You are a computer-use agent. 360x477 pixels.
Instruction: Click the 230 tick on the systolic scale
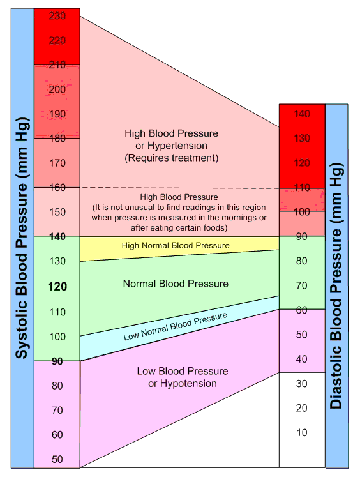click(x=57, y=15)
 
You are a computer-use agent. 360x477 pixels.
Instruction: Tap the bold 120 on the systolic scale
click(x=57, y=287)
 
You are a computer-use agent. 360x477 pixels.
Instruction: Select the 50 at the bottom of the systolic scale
click(x=57, y=460)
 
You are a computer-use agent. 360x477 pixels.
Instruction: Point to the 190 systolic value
click(x=57, y=114)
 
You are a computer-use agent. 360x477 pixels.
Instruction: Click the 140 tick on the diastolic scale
click(x=302, y=114)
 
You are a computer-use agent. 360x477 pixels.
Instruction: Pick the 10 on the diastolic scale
click(x=301, y=433)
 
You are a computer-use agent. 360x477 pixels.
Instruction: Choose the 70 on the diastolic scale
click(x=301, y=285)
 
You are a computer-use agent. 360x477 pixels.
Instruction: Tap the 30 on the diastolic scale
click(x=301, y=384)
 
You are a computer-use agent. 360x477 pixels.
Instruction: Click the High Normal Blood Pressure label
click(x=175, y=245)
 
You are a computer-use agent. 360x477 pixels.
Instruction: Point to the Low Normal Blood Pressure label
click(x=176, y=328)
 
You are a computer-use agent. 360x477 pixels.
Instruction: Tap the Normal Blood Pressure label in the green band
click(x=175, y=283)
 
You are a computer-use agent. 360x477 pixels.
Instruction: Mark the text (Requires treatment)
click(x=172, y=157)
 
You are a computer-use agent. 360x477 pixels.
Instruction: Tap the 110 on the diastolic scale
click(x=302, y=188)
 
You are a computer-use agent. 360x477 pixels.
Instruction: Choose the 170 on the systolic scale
click(x=57, y=163)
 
